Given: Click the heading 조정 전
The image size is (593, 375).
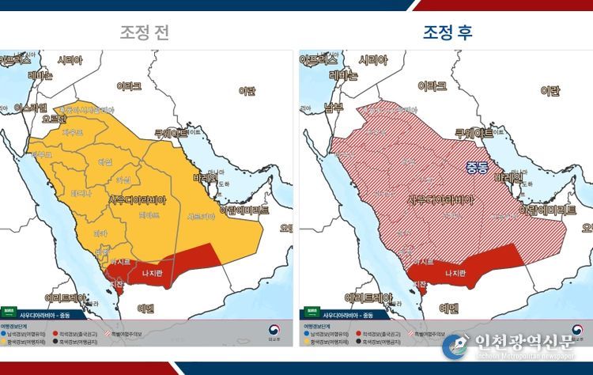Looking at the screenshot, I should point(144,32).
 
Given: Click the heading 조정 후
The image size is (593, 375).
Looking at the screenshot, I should point(448,32).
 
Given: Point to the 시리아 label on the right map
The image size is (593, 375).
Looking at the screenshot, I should point(374,60).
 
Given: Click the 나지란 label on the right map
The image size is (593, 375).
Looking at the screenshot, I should point(455,274).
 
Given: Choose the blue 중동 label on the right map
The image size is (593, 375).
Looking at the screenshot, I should point(477,167).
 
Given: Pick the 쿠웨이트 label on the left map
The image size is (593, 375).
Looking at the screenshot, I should point(172,134).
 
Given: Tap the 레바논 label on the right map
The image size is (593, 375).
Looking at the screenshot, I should point(342,77).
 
